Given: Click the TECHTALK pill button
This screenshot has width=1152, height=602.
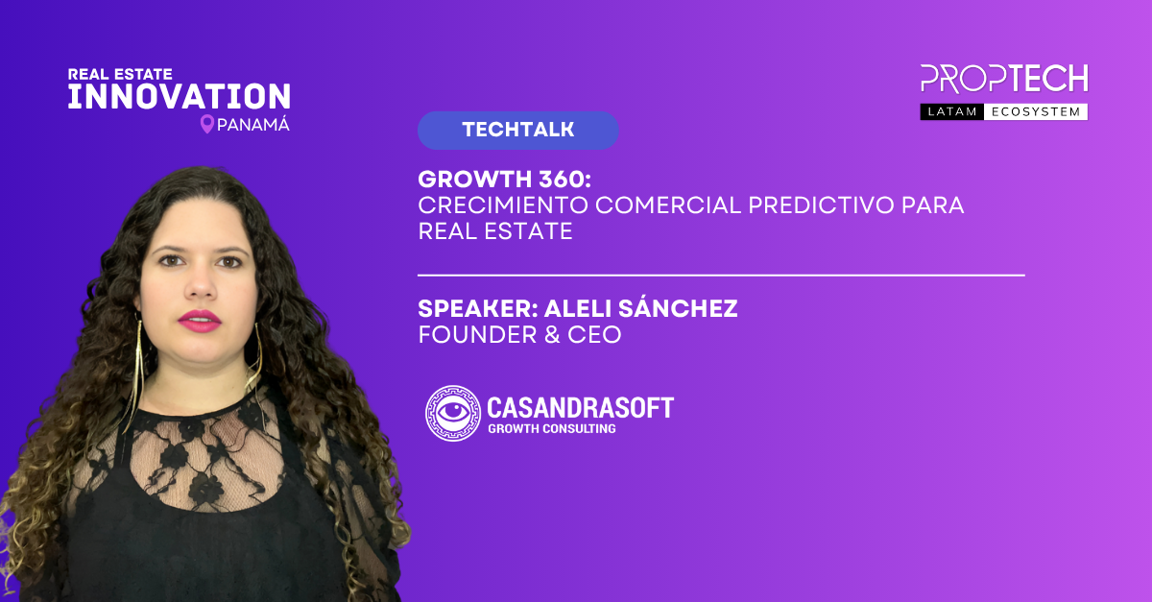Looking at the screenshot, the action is coord(517,131).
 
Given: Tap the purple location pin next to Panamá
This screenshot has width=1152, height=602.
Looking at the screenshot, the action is coord(206,124).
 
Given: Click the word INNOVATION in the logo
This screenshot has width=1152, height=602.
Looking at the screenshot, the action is coord(179,96).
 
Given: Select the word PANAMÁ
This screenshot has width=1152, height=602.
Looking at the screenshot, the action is coord(253,125).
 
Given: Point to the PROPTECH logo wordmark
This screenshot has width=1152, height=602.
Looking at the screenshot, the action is coord(1004,79).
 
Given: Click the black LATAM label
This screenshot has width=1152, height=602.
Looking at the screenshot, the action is coord(952,111).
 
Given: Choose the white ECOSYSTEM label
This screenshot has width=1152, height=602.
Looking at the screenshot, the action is coord(1036,111).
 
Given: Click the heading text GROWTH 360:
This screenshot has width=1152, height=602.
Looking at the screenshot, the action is coord(505,179).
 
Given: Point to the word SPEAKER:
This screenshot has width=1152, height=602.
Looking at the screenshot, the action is coord(478,309).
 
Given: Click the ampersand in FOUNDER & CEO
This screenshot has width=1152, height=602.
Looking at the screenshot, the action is coord(552,334).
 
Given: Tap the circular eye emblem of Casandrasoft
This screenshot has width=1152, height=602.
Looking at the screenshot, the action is coord(452,413).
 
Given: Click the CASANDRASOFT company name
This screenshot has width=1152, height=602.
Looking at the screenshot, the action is coord(580,408).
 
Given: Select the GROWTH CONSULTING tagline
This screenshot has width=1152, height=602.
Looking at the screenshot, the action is coord(552,428).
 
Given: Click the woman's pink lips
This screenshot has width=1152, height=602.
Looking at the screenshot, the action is coord(200,321).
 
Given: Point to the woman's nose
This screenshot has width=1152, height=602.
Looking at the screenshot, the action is coord(200,283).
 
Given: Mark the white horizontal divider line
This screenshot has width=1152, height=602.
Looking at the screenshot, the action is coord(721,276).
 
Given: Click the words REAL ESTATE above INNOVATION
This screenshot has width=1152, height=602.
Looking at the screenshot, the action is coord(120,74).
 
